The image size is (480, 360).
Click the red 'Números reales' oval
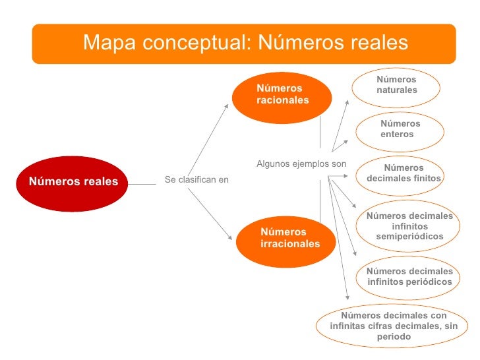coord(72,183)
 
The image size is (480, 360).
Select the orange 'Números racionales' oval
coord(276,96)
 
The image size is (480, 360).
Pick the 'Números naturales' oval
coord(397,86)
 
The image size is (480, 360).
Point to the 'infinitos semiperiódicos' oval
coord(409,226)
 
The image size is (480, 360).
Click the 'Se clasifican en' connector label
coord(196,179)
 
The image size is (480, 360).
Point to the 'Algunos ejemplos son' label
coord(301,164)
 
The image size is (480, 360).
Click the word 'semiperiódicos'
coord(409,236)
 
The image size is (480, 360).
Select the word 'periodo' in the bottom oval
coord(394,337)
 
